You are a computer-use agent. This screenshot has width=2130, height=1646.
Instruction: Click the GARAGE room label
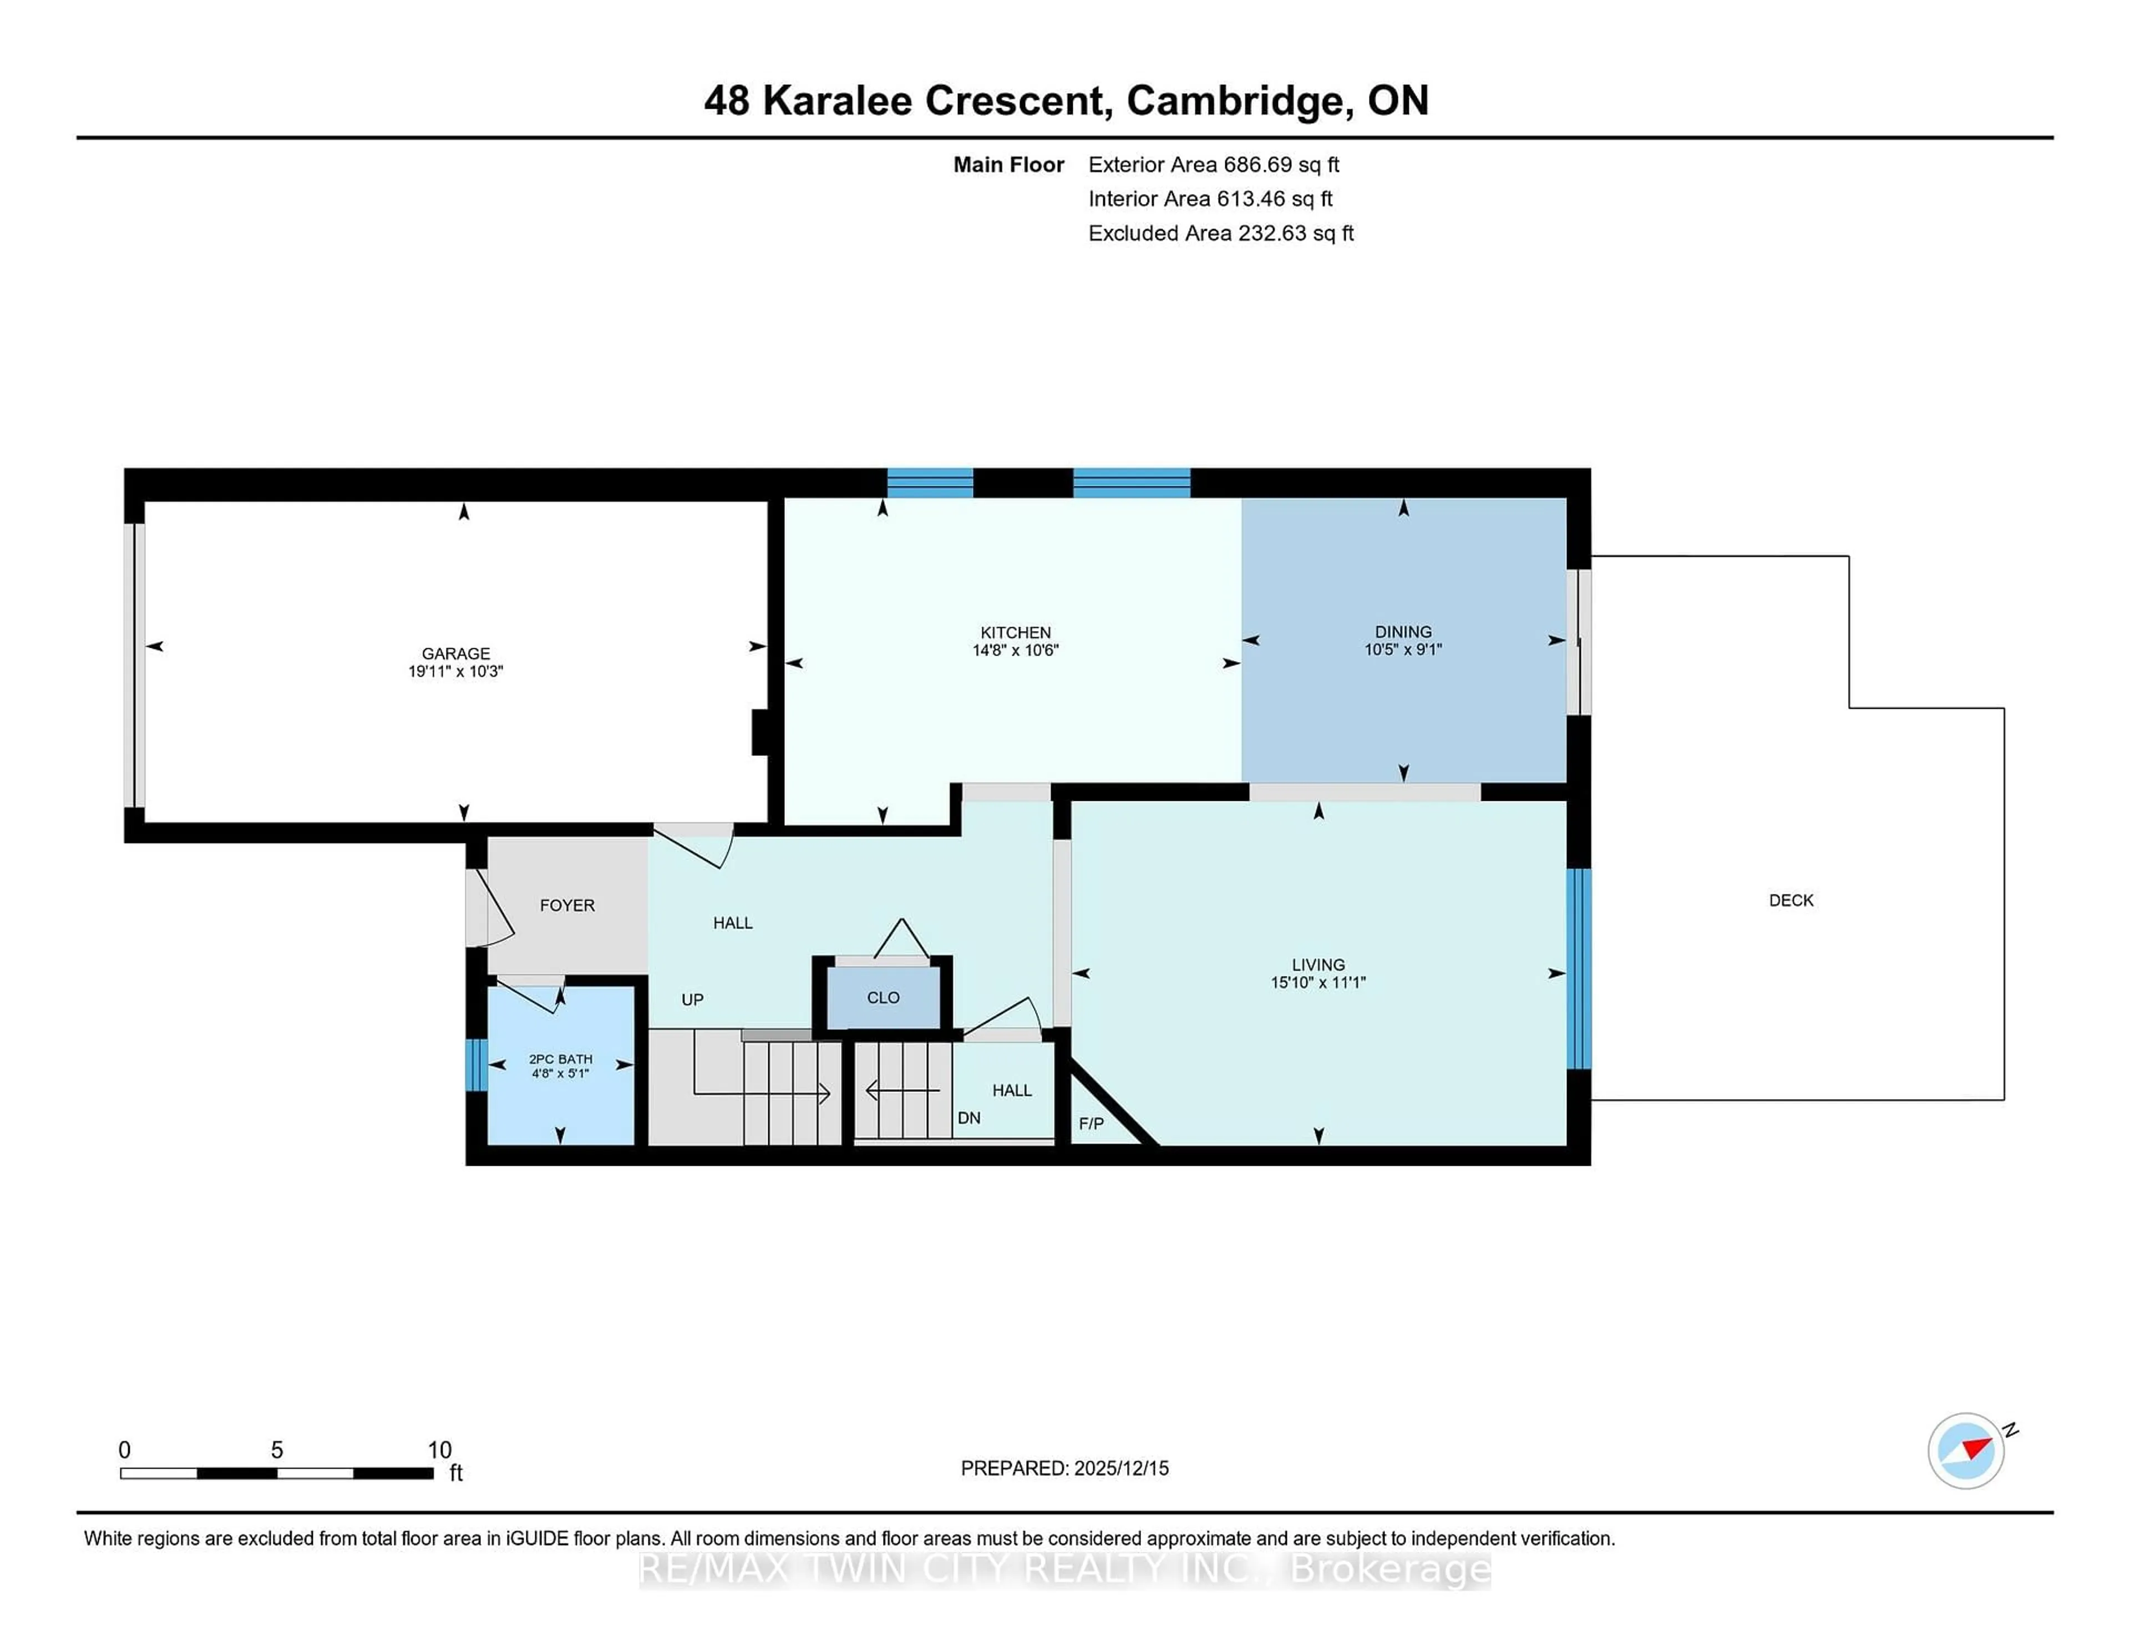[x=455, y=653]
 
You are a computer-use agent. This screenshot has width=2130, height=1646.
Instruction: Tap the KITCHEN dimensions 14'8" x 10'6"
[x=1015, y=651]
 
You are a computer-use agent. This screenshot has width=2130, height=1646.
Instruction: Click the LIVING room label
[x=1317, y=964]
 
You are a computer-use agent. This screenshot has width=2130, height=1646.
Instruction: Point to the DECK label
[x=1791, y=900]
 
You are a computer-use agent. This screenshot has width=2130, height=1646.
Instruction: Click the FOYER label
[x=567, y=905]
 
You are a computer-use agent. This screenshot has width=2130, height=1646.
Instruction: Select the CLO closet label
[x=883, y=998]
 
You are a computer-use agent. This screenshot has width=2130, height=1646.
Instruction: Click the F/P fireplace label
[x=1091, y=1124]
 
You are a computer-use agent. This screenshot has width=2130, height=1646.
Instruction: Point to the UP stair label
[x=692, y=999]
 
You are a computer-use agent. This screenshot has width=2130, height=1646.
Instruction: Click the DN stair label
[x=968, y=1117]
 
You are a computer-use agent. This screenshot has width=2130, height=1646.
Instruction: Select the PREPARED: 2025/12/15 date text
[x=1064, y=1467]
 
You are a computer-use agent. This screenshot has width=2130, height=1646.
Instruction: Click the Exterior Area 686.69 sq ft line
[x=1213, y=165]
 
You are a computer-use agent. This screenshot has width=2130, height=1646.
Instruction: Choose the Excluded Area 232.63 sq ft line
[x=1220, y=233]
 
